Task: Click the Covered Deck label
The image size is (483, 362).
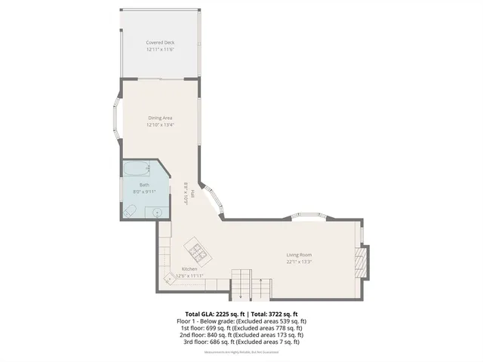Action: (160, 42)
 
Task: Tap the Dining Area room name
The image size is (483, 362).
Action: (160, 118)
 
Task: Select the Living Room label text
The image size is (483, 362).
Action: (299, 255)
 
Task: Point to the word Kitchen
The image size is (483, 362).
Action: (189, 269)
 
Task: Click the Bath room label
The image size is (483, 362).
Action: (143, 185)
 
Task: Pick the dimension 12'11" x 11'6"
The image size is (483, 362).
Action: (160, 49)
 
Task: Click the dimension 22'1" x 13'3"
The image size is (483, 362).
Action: (299, 262)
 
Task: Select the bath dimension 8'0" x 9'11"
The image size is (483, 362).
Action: (143, 192)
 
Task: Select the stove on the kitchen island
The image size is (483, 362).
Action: (198, 249)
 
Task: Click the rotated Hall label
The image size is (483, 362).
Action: (192, 195)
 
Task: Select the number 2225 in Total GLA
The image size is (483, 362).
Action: (223, 314)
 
